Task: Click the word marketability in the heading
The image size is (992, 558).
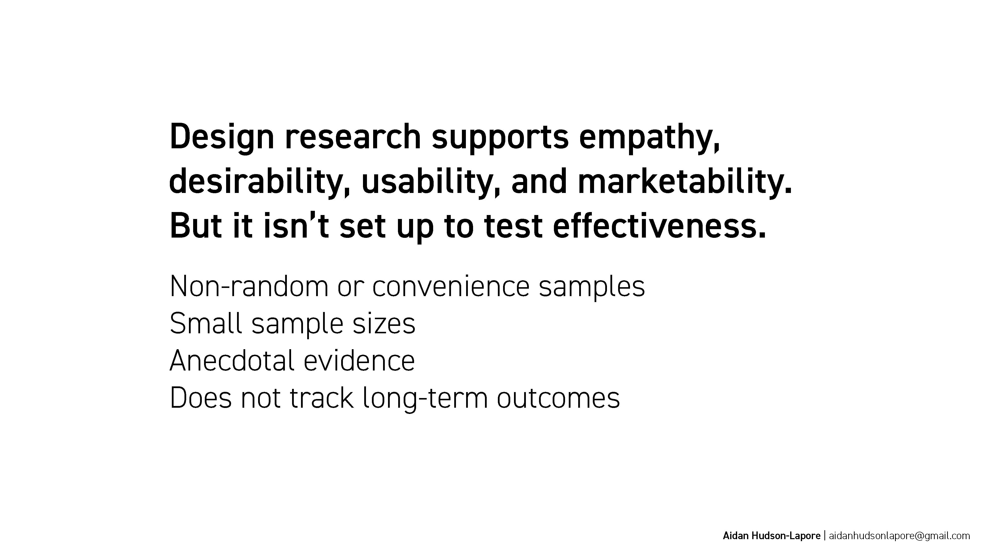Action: click(x=685, y=182)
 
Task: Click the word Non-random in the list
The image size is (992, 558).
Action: click(x=249, y=286)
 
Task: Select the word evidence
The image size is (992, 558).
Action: click(x=359, y=360)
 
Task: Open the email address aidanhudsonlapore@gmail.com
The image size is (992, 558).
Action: click(x=899, y=536)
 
